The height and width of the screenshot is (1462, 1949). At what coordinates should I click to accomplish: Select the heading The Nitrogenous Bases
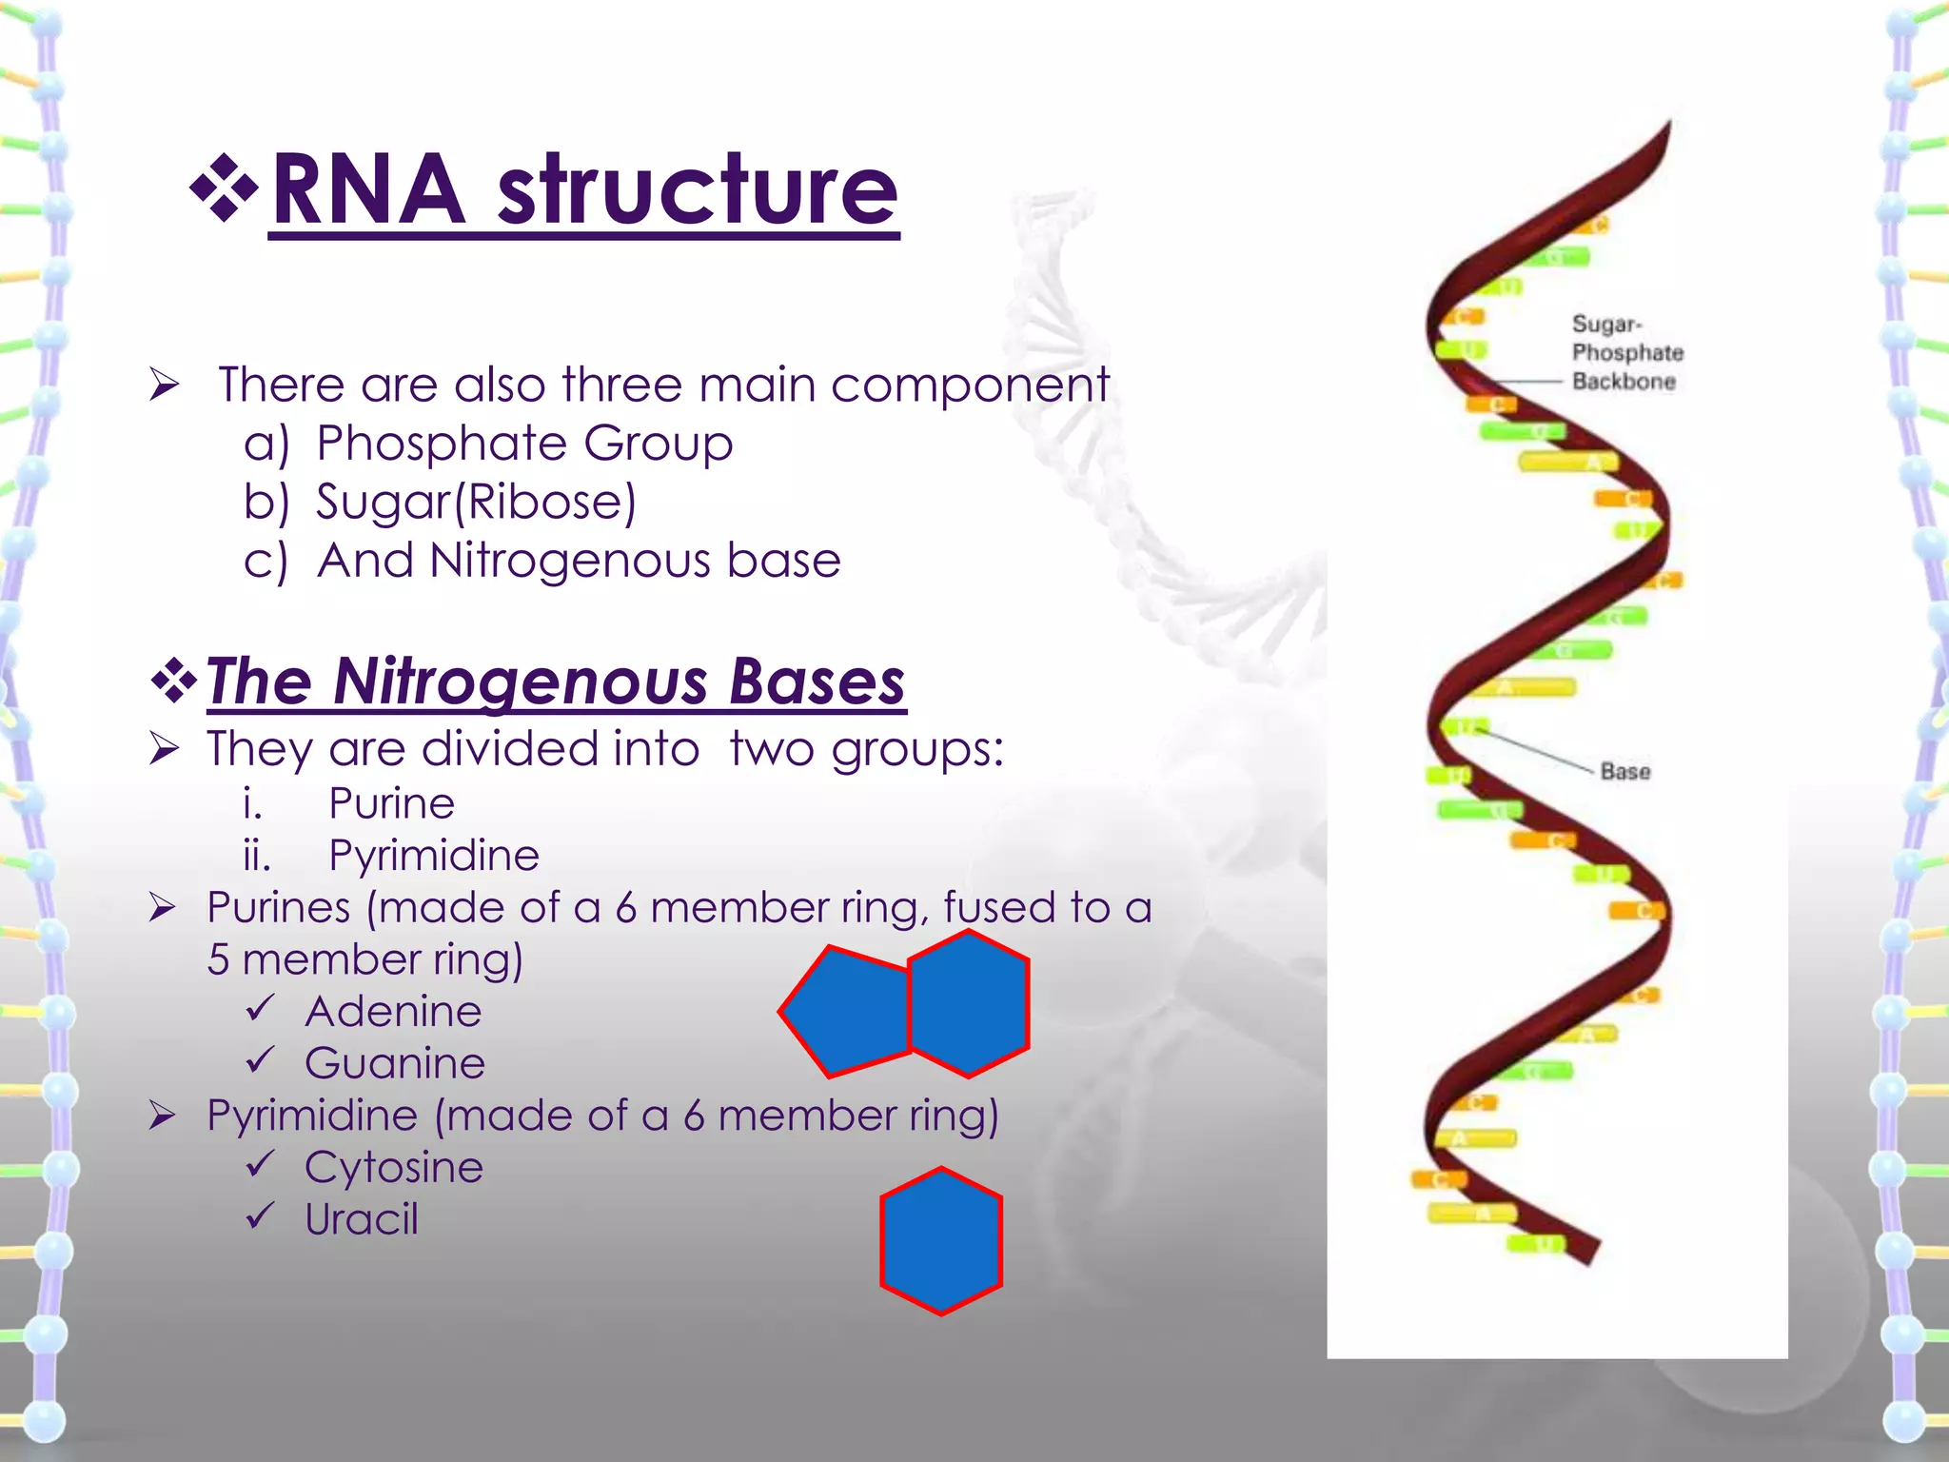[x=556, y=682]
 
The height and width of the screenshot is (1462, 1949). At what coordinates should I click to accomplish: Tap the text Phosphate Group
[x=524, y=444]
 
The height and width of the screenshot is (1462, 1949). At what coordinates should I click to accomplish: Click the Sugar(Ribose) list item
[x=476, y=502]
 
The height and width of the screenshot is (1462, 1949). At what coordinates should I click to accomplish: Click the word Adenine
[x=393, y=1011]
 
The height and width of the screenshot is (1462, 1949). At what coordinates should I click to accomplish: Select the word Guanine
[x=395, y=1063]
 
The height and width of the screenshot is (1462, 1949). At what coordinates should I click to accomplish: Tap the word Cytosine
[x=394, y=1167]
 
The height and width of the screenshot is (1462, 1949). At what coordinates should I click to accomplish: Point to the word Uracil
[x=362, y=1219]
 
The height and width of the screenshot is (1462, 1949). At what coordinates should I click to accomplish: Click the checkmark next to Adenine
[x=260, y=1007]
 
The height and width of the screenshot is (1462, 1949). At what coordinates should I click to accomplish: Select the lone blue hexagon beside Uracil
[x=941, y=1241]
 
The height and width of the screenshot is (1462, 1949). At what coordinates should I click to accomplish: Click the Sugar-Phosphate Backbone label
[x=1626, y=353]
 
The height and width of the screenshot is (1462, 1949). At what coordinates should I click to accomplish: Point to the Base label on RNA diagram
[x=1624, y=772]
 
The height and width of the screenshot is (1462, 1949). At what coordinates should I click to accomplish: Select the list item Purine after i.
[x=391, y=803]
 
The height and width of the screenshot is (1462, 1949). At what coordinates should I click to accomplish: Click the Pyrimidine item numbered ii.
[x=434, y=855]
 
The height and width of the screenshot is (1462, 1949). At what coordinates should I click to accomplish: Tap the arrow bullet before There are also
[x=164, y=385]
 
